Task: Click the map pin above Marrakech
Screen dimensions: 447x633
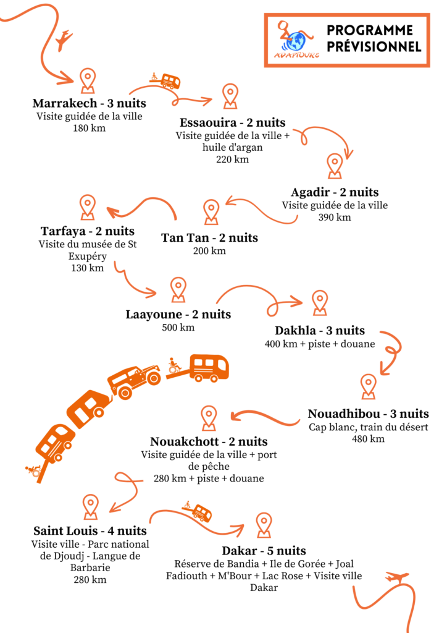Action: tap(88, 80)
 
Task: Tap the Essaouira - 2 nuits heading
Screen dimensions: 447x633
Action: tap(233, 122)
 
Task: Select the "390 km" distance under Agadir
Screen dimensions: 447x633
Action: tap(335, 217)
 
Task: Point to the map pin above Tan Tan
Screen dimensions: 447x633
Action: tap(211, 211)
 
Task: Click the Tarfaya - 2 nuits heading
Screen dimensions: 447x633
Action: tap(88, 231)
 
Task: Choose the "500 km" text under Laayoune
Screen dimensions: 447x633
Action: tap(178, 328)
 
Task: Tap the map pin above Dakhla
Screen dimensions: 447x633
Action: tap(320, 302)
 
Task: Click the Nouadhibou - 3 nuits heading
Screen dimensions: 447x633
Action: tap(369, 414)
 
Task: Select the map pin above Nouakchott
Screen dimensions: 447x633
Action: tap(209, 418)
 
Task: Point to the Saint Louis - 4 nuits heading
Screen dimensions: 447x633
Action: tap(90, 530)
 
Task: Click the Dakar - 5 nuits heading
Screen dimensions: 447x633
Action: tap(264, 551)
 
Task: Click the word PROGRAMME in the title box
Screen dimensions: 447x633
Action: tap(370, 30)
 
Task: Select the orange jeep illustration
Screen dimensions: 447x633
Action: tap(134, 380)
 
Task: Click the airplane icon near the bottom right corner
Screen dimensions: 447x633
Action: tap(397, 577)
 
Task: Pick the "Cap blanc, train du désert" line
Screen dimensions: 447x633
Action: tap(369, 427)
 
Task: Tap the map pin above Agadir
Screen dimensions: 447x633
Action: tap(335, 166)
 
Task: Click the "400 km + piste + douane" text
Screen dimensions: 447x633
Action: tap(320, 344)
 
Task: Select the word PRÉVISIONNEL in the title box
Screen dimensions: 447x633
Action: tap(374, 46)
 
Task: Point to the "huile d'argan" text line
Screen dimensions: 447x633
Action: tap(233, 147)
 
